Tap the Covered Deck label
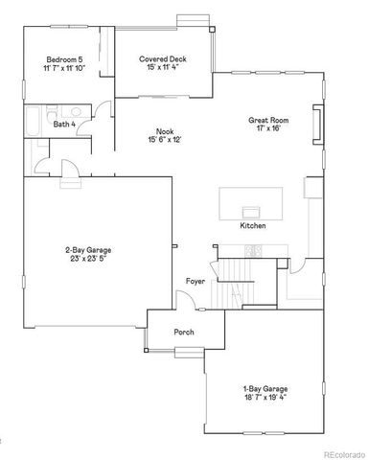(x=161, y=58)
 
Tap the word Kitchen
(x=253, y=225)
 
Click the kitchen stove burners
(x=254, y=251)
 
